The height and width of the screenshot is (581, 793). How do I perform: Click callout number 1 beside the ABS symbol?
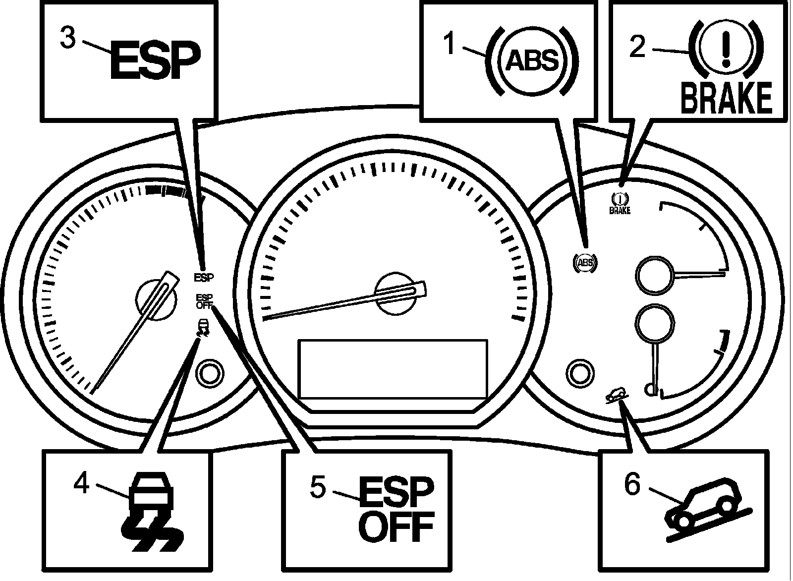tap(450, 44)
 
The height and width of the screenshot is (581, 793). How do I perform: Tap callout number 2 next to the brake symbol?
tap(637, 48)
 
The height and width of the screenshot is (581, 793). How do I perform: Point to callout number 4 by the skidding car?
tap(82, 482)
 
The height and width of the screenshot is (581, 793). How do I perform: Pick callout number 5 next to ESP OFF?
tap(318, 487)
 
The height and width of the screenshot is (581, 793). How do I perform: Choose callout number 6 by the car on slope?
tap(632, 483)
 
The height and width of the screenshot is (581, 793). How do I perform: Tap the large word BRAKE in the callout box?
tap(726, 98)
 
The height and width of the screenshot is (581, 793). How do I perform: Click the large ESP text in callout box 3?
tap(155, 61)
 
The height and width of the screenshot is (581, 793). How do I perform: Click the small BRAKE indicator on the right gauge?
tap(620, 203)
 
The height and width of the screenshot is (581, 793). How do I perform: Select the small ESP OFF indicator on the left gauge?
tap(204, 301)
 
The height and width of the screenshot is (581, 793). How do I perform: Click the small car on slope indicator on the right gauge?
tap(617, 395)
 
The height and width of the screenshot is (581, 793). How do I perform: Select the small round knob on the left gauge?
tap(210, 372)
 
